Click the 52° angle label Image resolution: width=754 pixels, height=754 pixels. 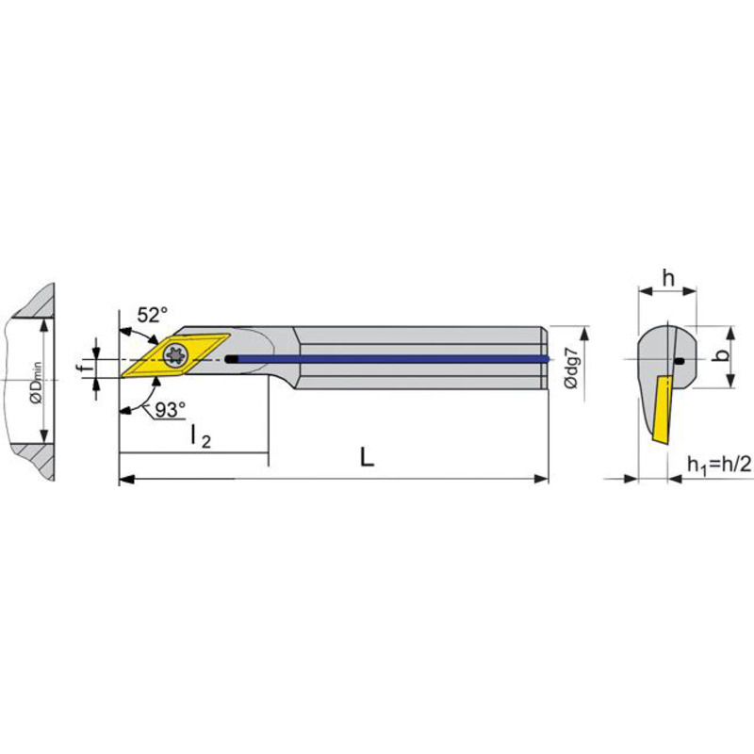coord(153,316)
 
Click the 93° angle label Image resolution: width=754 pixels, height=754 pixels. coord(171,410)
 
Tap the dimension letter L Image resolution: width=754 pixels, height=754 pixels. coord(367,457)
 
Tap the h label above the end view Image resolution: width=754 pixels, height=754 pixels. coord(668,278)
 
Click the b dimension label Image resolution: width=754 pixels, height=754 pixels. coord(721,355)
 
